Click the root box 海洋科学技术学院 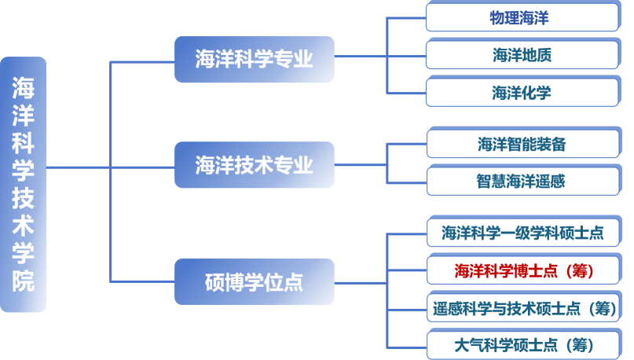(x=24, y=184)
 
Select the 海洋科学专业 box (x=254, y=59)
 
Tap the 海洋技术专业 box (x=254, y=165)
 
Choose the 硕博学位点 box (x=254, y=281)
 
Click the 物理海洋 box (x=522, y=17)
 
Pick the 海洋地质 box (x=522, y=55)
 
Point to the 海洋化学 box (x=522, y=93)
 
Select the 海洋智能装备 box (x=522, y=144)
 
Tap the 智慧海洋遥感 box (x=522, y=182)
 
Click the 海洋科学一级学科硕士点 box (x=522, y=232)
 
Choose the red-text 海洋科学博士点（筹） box (x=522, y=270)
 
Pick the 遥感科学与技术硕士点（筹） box (x=522, y=307)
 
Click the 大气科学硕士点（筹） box (x=522, y=344)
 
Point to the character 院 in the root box (x=24, y=281)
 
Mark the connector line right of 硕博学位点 (x=361, y=281)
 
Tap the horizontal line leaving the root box (x=79, y=167)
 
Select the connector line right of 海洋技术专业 (x=361, y=164)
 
